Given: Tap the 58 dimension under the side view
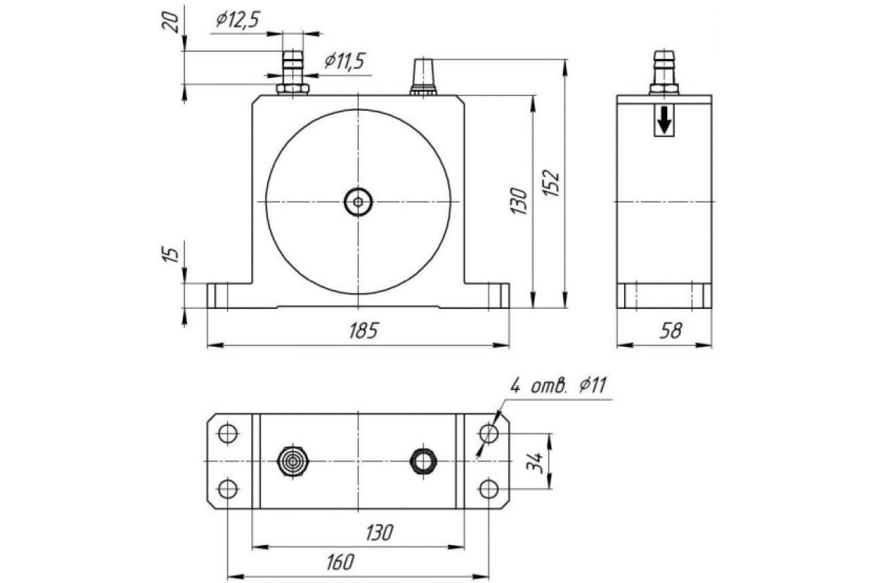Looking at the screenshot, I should click(x=670, y=330).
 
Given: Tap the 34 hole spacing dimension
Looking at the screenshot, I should click(x=536, y=462).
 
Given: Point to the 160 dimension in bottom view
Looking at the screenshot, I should click(x=339, y=562).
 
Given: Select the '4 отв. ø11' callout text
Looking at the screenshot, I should click(x=559, y=386).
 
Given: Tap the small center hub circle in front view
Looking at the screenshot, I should click(x=358, y=201).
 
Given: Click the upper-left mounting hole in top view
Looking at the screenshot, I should click(x=228, y=434).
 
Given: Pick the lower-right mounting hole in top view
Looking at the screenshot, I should click(x=489, y=488).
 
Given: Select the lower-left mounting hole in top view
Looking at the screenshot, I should click(x=228, y=488).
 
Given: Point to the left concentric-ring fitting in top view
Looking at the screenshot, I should click(x=293, y=461).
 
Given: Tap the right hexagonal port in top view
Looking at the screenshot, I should click(x=423, y=461).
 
